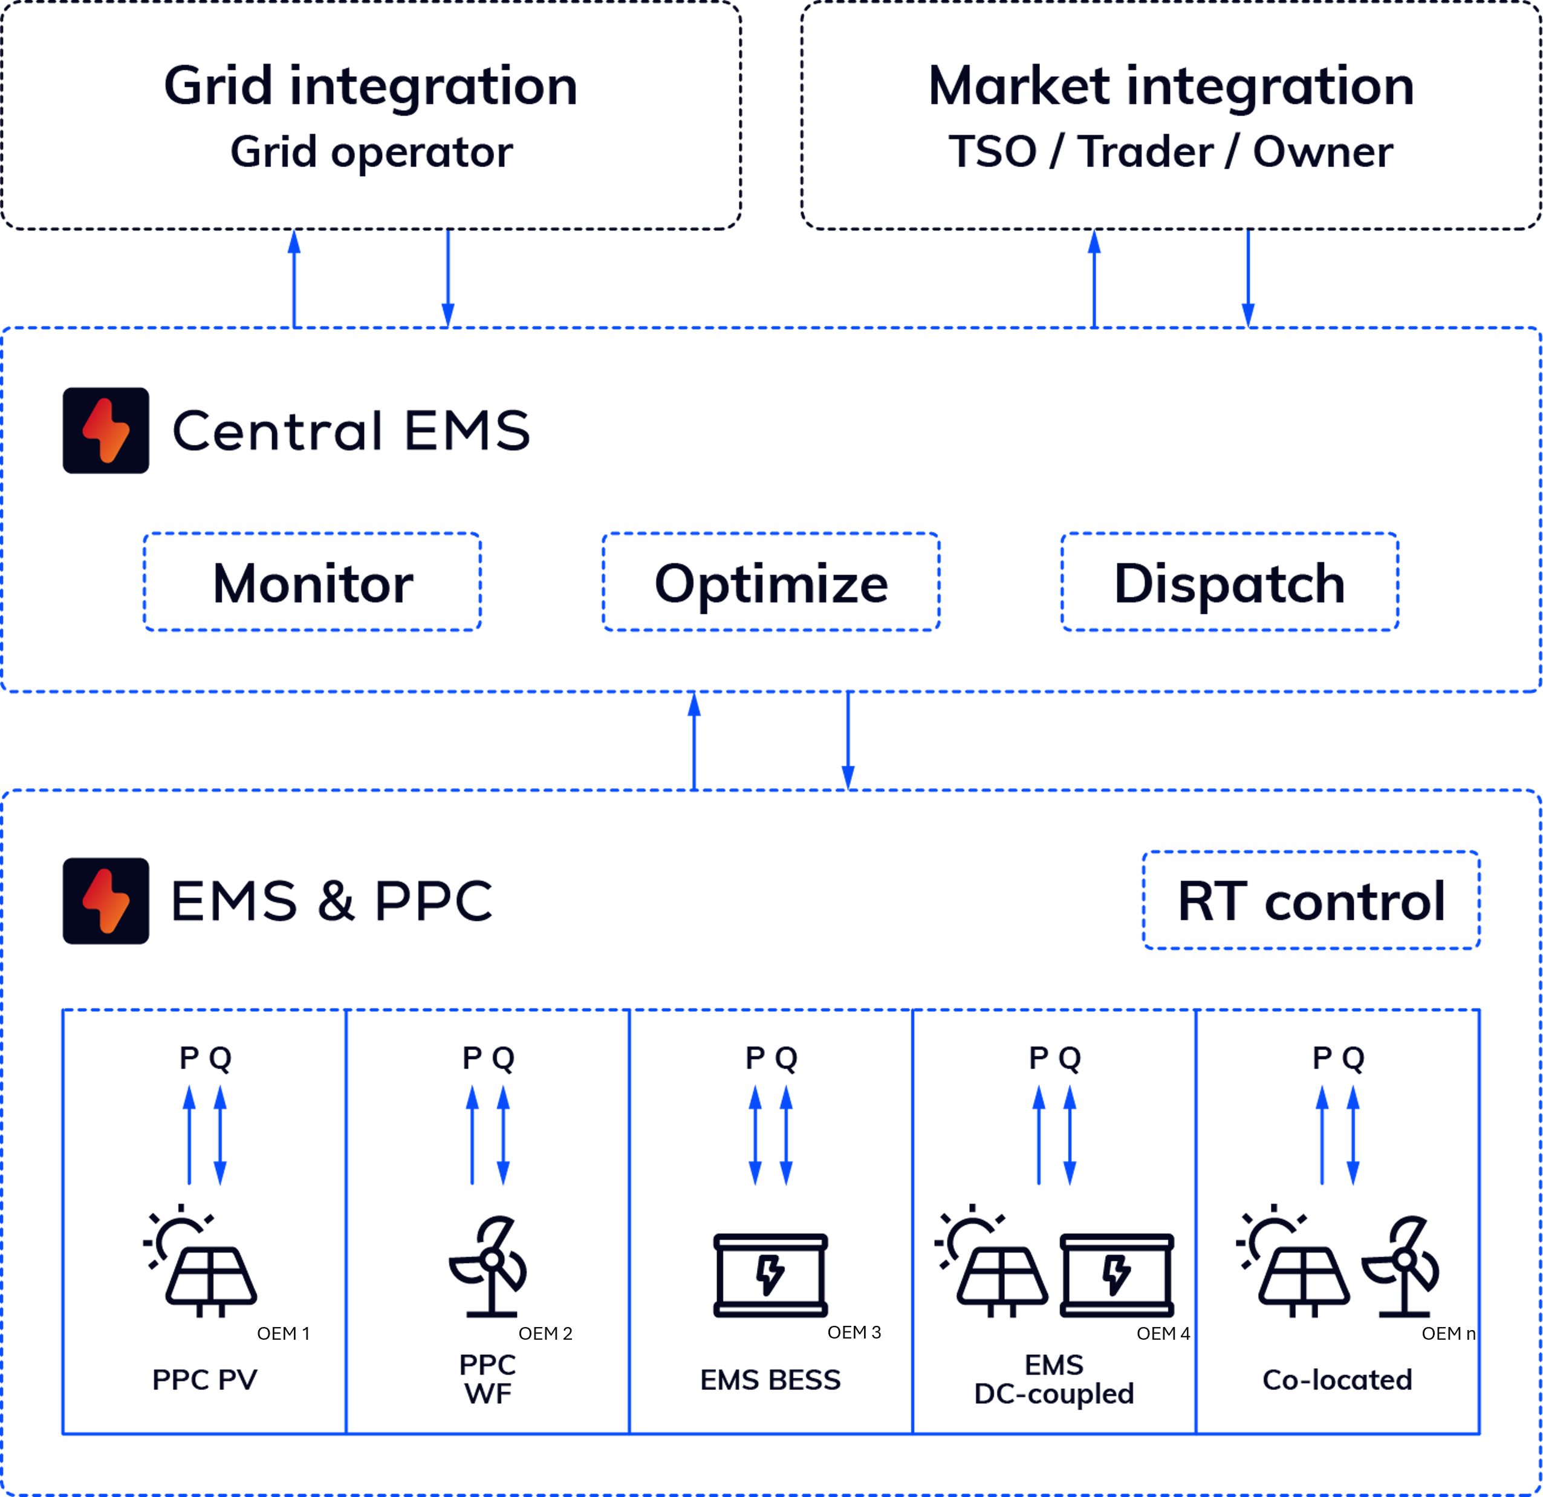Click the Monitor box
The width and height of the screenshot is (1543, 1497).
(312, 582)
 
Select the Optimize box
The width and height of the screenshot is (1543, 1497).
(771, 582)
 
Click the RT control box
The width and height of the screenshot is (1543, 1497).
(1310, 901)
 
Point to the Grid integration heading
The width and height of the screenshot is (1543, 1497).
(371, 86)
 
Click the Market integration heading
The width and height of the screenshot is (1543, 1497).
(1171, 86)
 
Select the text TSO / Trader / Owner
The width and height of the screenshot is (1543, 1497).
(1171, 153)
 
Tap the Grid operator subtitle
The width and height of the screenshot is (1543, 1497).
(371, 153)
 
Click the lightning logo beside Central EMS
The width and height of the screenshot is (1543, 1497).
(106, 431)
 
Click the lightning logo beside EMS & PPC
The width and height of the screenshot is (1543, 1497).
(106, 901)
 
